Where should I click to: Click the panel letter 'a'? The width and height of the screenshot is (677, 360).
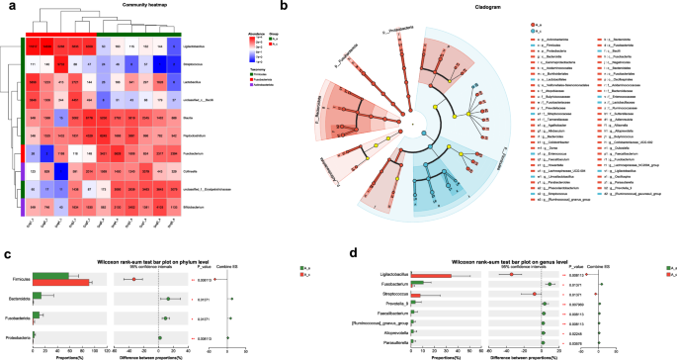pos(7,7)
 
